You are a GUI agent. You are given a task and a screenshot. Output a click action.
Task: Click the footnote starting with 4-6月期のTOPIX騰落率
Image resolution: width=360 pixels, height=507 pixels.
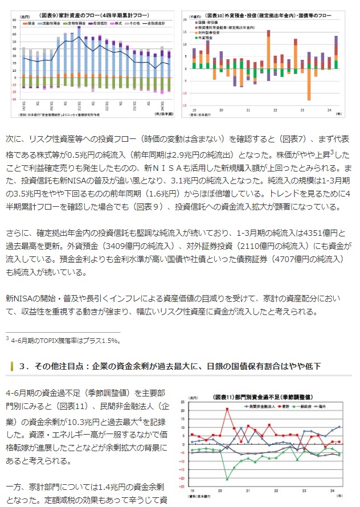pyautogui.click(x=63, y=341)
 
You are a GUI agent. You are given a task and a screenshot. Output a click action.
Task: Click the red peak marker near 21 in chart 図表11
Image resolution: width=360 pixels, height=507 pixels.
pyautogui.click(x=227, y=408)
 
